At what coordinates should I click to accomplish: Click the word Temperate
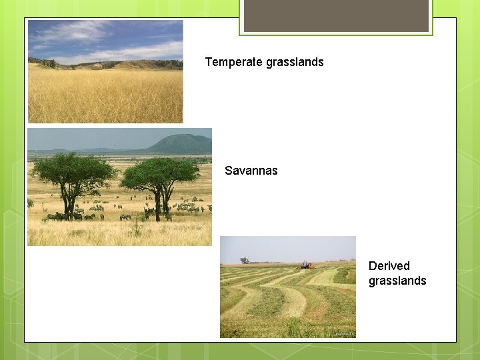[x=233, y=62]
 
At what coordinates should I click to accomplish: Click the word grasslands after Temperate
[x=295, y=62]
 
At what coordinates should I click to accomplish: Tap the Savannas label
[x=251, y=171]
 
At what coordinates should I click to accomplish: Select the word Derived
[x=389, y=266]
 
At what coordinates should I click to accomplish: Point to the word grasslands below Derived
[x=397, y=281]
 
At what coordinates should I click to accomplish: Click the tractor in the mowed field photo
[x=306, y=265]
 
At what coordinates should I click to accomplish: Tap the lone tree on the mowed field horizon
[x=245, y=260]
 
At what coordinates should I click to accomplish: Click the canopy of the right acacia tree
[x=160, y=171]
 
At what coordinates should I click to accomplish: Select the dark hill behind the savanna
[x=180, y=143]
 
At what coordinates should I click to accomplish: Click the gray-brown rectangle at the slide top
[x=336, y=15]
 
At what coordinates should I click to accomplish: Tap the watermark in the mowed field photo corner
[x=345, y=333]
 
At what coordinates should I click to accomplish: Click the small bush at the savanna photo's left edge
[x=31, y=203]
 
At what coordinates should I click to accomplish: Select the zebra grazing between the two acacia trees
[x=125, y=217]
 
